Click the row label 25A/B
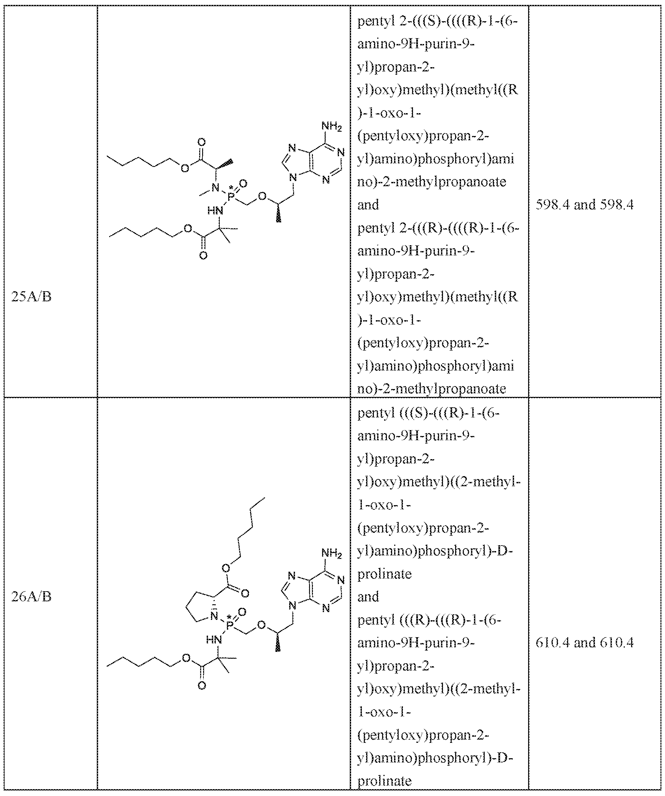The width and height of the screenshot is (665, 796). point(31,296)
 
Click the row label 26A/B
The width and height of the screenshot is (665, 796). point(31,597)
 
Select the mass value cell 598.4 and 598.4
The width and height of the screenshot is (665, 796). point(584,205)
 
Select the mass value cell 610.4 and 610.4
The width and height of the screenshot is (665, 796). point(584,642)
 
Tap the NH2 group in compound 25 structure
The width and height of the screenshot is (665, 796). point(331,126)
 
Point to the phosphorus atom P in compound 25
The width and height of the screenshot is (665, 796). point(231,196)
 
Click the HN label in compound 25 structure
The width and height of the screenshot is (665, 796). point(215,211)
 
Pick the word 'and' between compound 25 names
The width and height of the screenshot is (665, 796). point(368,205)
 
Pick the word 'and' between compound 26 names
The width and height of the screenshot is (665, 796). point(368,597)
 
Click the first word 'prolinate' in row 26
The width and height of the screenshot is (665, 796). point(384,574)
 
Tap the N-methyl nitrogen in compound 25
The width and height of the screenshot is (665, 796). point(215,187)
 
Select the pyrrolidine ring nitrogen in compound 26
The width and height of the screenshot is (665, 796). point(214,616)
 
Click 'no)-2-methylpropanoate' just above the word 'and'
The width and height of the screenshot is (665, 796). point(432,182)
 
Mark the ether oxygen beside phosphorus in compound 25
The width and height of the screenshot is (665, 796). point(262,197)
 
